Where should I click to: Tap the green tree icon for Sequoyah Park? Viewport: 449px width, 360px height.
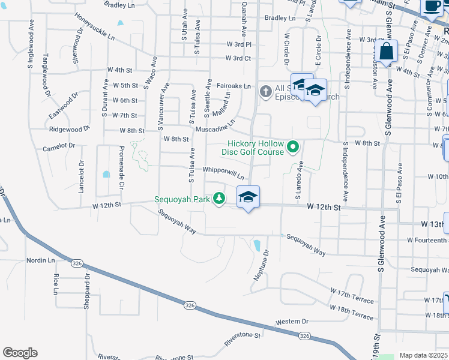[x=220, y=197]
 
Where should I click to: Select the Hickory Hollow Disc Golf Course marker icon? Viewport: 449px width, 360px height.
[x=293, y=146]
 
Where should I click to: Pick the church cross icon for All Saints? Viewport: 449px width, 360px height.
[x=265, y=92]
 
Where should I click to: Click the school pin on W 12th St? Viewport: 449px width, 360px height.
[x=248, y=196]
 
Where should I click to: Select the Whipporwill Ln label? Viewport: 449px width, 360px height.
[x=223, y=173]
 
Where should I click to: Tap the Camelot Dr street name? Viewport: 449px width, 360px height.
[x=58, y=146]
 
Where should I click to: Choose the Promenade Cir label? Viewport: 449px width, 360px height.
[x=121, y=167]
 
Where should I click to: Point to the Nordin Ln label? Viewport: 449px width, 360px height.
[x=40, y=260]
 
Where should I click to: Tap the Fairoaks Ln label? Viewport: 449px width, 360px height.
[x=234, y=86]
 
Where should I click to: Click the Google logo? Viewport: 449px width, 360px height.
[x=20, y=353]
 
